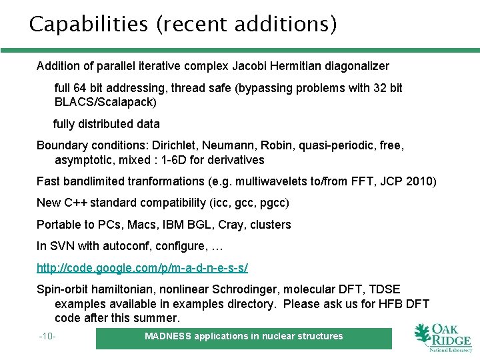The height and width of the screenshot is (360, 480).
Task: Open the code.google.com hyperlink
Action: (142, 267)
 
